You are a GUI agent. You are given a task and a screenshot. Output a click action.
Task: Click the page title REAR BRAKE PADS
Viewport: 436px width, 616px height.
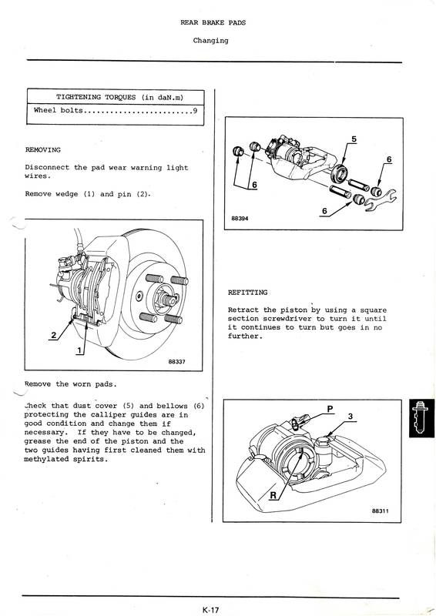(x=213, y=22)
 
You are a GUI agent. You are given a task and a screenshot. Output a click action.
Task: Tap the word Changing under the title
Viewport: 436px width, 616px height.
(x=210, y=41)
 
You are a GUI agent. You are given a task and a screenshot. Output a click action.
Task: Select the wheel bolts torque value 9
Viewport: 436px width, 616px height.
(x=195, y=110)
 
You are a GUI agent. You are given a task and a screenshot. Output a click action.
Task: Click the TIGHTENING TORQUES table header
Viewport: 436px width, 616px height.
(x=120, y=97)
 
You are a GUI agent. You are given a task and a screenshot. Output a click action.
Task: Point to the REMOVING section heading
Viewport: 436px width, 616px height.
(x=43, y=149)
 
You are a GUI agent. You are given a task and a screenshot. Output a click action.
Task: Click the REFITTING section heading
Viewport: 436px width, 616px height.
(x=247, y=293)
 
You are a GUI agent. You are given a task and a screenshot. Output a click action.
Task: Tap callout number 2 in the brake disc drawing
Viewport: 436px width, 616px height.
(x=53, y=335)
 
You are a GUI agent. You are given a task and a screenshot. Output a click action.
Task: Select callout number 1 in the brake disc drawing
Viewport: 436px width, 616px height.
(x=80, y=350)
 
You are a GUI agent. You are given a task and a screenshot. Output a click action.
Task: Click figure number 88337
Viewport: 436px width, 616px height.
(x=176, y=361)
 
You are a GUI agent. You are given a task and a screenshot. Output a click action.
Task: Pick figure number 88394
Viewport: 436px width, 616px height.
(x=240, y=219)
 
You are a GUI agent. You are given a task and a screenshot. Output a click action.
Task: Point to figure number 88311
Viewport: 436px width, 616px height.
(x=381, y=511)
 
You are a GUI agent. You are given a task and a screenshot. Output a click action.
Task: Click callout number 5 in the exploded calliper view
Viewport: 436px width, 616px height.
(x=354, y=139)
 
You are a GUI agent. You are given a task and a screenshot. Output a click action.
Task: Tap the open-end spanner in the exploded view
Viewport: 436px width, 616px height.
(x=381, y=199)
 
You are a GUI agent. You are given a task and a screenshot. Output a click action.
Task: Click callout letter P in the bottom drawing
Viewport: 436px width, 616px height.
(x=330, y=409)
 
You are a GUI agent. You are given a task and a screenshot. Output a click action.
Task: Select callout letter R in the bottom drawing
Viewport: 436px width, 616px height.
(x=273, y=495)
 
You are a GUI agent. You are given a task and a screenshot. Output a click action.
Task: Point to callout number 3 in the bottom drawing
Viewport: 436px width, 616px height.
(x=350, y=416)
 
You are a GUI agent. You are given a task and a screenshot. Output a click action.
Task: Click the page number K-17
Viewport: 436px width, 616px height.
(x=210, y=610)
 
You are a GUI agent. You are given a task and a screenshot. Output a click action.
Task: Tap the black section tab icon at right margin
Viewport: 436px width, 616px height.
(x=422, y=418)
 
